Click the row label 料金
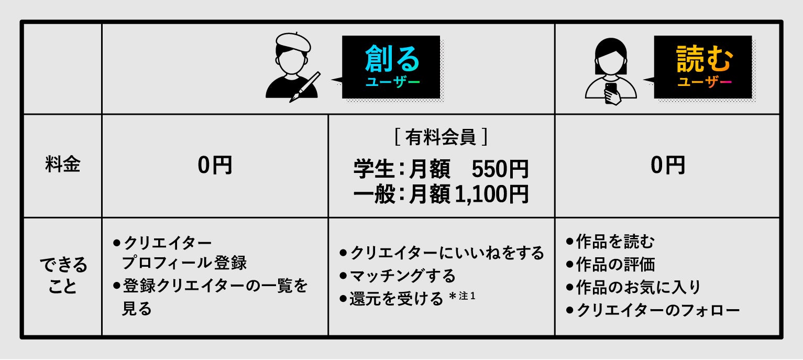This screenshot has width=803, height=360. (62, 166)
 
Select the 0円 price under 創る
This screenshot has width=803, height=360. (215, 166)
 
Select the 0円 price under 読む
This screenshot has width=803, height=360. (668, 166)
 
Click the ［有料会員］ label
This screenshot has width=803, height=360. (441, 137)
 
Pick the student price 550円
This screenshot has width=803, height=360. (500, 170)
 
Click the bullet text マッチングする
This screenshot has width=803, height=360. (402, 276)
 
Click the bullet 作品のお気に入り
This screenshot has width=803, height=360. (637, 287)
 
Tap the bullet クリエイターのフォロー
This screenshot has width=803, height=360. (657, 310)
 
